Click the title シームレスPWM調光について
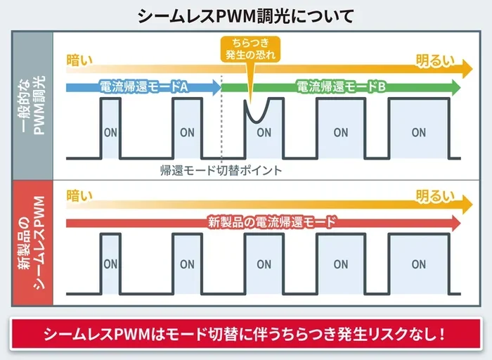(246, 16)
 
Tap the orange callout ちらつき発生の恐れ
(250, 49)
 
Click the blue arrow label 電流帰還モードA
(143, 86)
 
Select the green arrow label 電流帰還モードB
(341, 86)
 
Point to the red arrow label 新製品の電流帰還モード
(272, 222)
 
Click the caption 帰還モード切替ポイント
(221, 170)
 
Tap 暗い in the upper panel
(79, 60)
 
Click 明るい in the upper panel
(435, 60)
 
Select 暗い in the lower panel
(79, 195)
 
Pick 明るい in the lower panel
(435, 196)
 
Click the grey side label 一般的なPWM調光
(33, 105)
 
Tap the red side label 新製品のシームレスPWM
(32, 243)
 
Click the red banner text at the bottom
(245, 334)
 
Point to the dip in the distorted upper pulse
(257, 121)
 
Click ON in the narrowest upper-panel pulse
(110, 133)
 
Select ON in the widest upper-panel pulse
(419, 132)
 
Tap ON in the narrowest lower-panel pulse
(110, 264)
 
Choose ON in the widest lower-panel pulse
(419, 264)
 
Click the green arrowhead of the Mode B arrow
(455, 87)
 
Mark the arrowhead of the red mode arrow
(455, 223)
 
